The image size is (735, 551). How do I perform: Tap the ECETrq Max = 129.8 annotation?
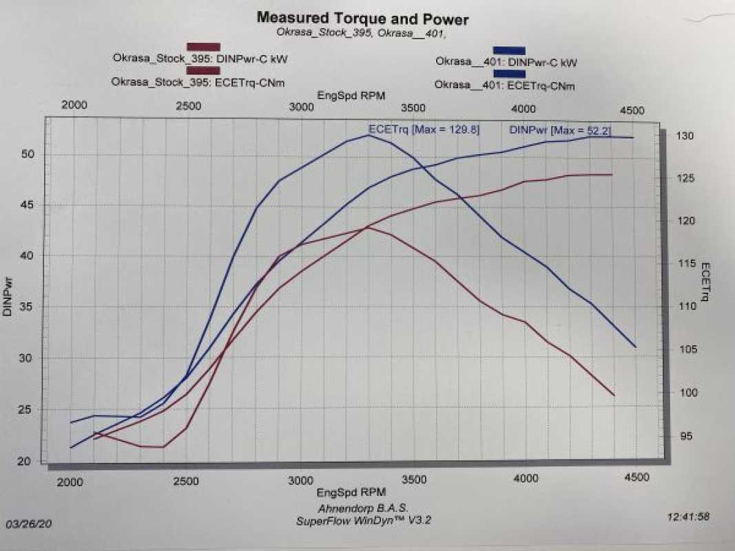tap(424, 129)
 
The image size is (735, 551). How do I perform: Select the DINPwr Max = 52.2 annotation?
tap(560, 129)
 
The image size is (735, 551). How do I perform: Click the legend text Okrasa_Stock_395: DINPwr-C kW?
tap(200, 59)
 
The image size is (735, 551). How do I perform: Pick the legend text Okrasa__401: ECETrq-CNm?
tap(505, 85)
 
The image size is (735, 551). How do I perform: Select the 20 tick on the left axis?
tap(25, 461)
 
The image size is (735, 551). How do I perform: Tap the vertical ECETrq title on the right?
tap(705, 282)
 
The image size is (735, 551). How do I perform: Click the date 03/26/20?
tap(29, 523)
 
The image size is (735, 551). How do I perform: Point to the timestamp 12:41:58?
tap(690, 515)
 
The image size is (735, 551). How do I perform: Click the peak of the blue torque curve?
tap(369, 135)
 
